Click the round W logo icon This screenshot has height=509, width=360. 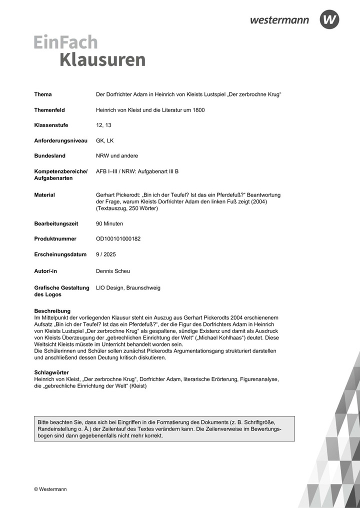[x=329, y=19]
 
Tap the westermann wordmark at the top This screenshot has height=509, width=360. [x=279, y=20]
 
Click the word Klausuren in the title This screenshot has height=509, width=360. [x=102, y=59]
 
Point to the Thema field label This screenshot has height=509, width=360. [x=43, y=94]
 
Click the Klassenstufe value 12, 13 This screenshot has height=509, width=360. [x=103, y=125]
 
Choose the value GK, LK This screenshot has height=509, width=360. [x=104, y=140]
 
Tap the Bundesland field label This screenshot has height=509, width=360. [x=49, y=156]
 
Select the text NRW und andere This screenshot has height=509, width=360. [x=117, y=156]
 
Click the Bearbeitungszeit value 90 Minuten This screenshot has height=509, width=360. [x=109, y=223]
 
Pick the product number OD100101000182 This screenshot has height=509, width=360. [x=118, y=239]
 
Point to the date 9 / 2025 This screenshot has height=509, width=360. [x=105, y=254]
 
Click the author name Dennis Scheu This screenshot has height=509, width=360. [x=112, y=271]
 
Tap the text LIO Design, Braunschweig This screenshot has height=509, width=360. [x=128, y=287]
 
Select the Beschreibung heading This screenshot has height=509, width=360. [x=52, y=311]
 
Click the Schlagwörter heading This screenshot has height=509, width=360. [x=51, y=373]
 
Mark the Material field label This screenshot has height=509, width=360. [x=44, y=194]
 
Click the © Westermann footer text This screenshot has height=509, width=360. [x=50, y=489]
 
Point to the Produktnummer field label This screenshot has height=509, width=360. [x=55, y=239]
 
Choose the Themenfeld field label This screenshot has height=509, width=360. [x=49, y=110]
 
